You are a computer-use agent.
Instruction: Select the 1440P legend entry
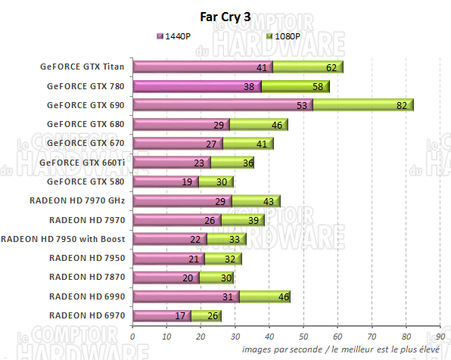coord(178,36)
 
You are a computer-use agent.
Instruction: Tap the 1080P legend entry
coord(284,36)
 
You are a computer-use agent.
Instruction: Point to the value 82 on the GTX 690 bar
coord(402,105)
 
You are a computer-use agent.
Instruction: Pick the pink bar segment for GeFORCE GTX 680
coord(181,124)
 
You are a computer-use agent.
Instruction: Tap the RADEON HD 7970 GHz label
coord(77,200)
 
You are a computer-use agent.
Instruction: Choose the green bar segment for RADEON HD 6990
coord(264,296)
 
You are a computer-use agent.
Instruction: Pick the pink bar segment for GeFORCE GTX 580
coord(165,182)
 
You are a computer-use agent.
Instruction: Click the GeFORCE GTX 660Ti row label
coord(82,162)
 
